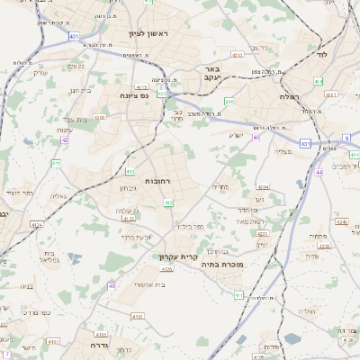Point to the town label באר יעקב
(212, 74)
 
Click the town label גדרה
(99, 345)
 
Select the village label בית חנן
(80, 90)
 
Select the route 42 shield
(64, 139)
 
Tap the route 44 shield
(319, 171)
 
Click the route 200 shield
(229, 102)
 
